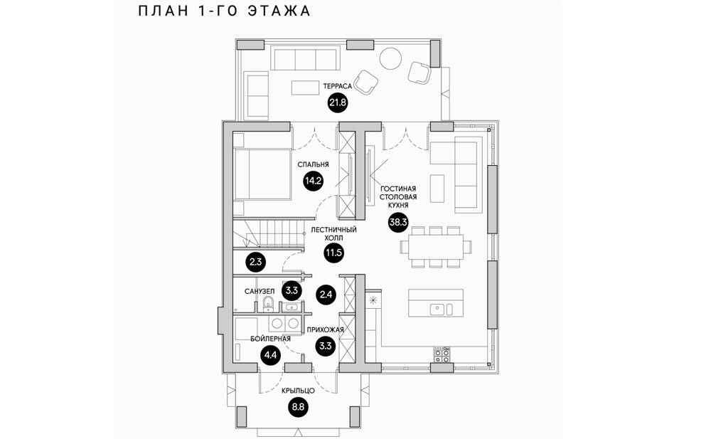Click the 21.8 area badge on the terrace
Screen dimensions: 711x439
(337, 104)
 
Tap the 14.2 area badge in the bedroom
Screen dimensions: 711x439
(314, 181)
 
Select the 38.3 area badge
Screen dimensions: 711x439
(397, 223)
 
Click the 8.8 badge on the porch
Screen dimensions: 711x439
(298, 408)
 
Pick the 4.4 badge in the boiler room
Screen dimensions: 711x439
(270, 356)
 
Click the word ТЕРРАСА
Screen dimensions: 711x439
(337, 85)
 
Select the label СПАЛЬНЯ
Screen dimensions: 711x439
(314, 163)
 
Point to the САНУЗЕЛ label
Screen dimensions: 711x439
(260, 291)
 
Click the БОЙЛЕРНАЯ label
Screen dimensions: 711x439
(271, 339)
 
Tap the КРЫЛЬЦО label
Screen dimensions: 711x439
(298, 391)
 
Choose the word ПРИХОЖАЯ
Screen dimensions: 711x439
(326, 330)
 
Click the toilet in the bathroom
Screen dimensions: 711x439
(267, 305)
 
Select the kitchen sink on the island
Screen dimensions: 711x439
(439, 308)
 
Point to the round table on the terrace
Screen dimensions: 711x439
(390, 58)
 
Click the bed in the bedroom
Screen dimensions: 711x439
(262, 175)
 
